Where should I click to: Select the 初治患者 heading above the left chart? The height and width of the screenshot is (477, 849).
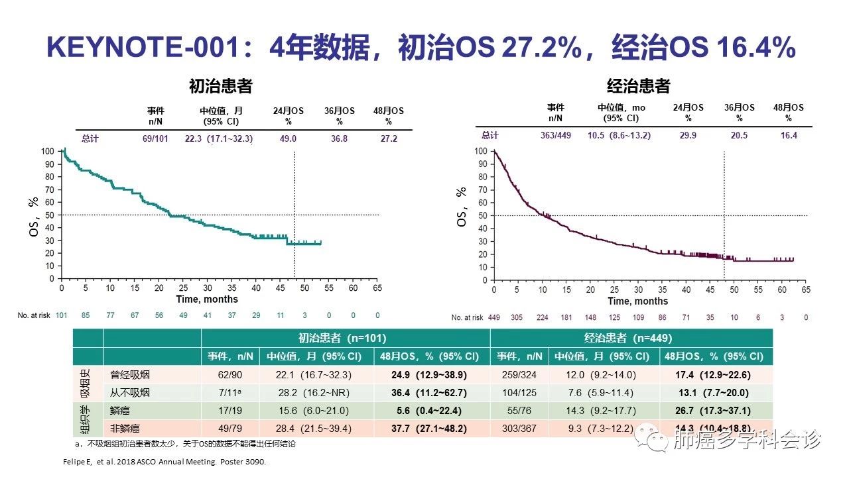[220, 86]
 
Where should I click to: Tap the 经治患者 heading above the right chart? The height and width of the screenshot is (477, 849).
[639, 86]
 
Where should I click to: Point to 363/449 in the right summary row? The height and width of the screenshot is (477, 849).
[555, 135]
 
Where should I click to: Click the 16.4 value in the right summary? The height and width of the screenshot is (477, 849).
[789, 135]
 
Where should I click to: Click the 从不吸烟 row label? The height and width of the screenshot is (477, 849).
[129, 392]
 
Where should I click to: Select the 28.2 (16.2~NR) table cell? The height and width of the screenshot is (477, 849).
[314, 392]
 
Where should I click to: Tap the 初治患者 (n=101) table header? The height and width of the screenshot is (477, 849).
[345, 338]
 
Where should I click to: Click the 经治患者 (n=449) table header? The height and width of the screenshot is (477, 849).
[632, 338]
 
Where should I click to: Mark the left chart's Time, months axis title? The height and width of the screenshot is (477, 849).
[207, 299]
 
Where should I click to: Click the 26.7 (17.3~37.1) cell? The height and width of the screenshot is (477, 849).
[716, 411]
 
